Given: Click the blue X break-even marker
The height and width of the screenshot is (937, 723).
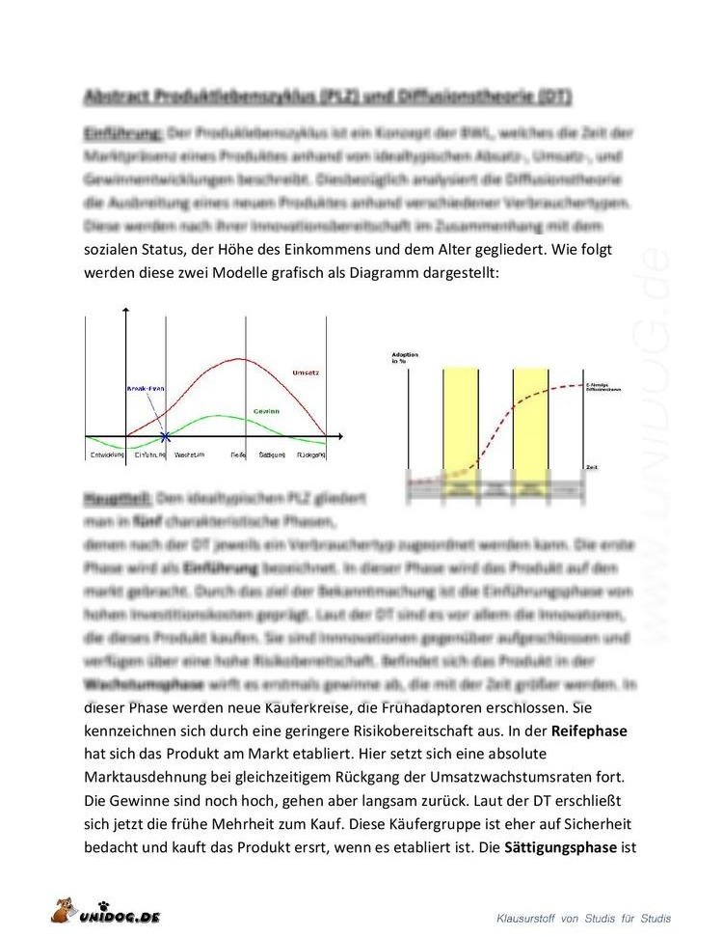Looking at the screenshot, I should point(166,437).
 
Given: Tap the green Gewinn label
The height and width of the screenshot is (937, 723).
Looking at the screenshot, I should point(266,410).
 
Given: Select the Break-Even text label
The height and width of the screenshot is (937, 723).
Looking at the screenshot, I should point(146,388).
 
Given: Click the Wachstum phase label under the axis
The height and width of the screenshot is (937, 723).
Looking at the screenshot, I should point(188,454).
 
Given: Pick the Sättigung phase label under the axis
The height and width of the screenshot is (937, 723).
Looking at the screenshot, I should point(273,454).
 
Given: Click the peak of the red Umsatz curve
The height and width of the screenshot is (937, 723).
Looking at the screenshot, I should point(238,359).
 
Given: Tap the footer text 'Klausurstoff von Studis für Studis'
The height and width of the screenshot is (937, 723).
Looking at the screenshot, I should point(583,918).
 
